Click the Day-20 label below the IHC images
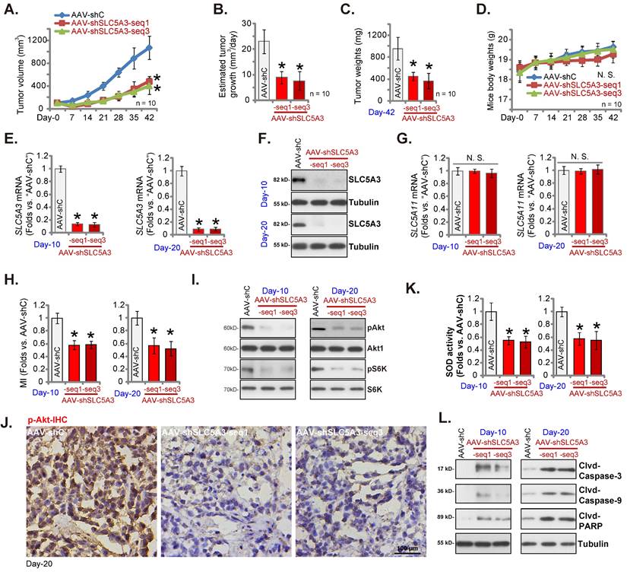pos(38,564)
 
